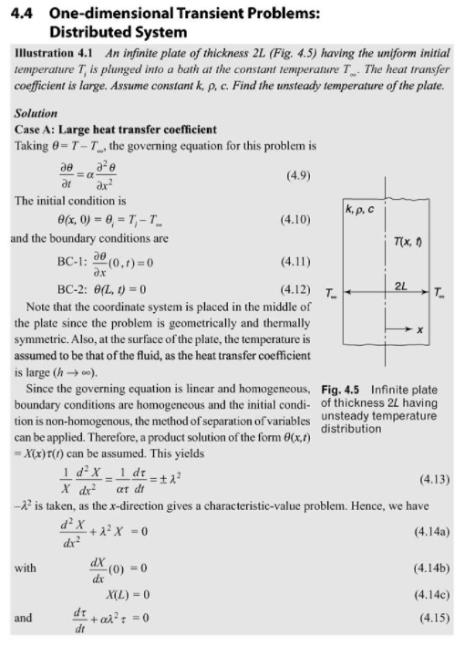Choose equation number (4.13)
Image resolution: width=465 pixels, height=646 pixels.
429,475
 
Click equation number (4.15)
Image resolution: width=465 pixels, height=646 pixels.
429,617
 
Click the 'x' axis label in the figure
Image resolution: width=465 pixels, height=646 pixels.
418,329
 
